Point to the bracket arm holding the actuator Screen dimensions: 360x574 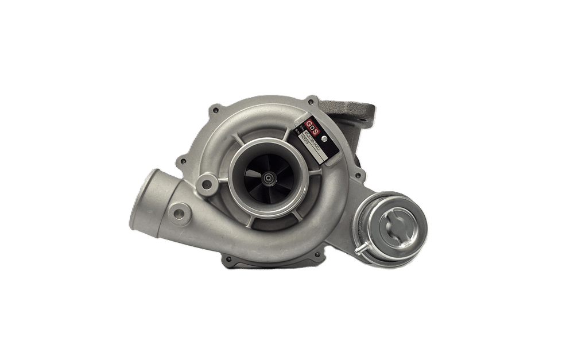pyautogui.click(x=367, y=195)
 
